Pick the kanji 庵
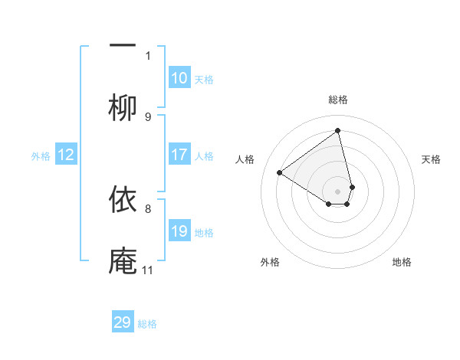tap(123, 260)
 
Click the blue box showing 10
tap(179, 78)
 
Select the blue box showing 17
tap(179, 155)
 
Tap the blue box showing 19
tap(179, 231)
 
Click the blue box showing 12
tap(66, 155)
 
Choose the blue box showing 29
tap(123, 322)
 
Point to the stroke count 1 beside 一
tap(148, 55)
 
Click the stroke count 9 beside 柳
tap(148, 116)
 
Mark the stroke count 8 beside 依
tap(148, 208)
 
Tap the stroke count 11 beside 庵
tap(147, 270)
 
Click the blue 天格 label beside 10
tap(204, 80)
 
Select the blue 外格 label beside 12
tap(41, 156)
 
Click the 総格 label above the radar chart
tap(338, 100)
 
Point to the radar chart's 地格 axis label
tap(402, 262)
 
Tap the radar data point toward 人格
tap(280, 172)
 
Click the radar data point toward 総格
tap(338, 129)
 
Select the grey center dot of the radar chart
tap(338, 191)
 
